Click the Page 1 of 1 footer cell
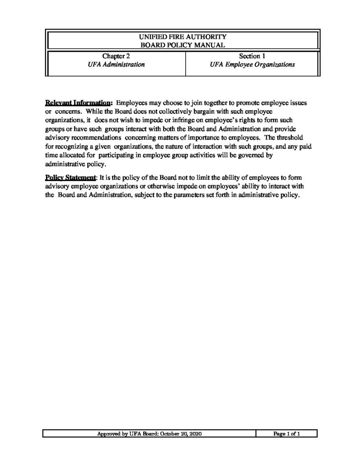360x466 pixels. (x=286, y=434)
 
